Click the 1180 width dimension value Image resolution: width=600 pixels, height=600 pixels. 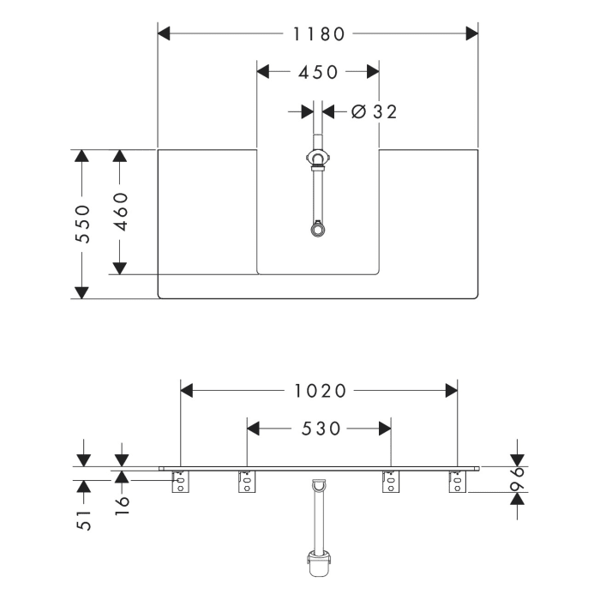pos(318,33)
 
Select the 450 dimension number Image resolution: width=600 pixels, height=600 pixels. pos(318,73)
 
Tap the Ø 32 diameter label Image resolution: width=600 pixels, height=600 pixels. pos(374,111)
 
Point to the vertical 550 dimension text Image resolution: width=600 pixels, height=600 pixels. pos(82,224)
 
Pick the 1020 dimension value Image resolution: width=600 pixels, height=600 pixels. pos(318,391)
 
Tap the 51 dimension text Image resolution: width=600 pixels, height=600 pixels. pos(83,519)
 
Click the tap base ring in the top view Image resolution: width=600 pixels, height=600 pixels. pos(318,159)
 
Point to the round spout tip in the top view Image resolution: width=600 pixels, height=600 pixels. pos(318,228)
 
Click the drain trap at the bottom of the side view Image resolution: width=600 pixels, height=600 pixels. pos(318,565)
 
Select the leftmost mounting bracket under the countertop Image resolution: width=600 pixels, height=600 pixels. pos(181,484)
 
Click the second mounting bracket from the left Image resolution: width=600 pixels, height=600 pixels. pos(247,484)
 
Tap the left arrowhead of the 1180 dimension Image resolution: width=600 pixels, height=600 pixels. pos(165,33)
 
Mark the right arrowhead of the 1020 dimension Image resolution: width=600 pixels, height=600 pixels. pos(450,391)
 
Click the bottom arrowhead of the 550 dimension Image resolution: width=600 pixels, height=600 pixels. pos(82,291)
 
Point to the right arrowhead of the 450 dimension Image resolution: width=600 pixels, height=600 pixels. pos(372,73)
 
